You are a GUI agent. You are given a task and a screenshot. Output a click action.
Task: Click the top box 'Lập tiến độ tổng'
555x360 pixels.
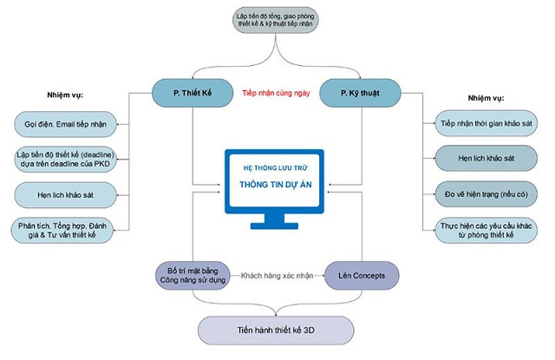(277, 20)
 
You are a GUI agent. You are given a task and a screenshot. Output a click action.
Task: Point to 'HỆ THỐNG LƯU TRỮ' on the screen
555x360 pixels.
(276, 168)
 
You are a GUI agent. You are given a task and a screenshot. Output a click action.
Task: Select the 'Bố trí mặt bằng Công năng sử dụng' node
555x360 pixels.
(192, 275)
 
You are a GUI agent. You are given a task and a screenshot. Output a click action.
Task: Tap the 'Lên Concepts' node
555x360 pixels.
(362, 275)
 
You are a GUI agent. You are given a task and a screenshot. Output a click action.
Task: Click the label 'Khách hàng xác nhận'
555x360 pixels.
(277, 275)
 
